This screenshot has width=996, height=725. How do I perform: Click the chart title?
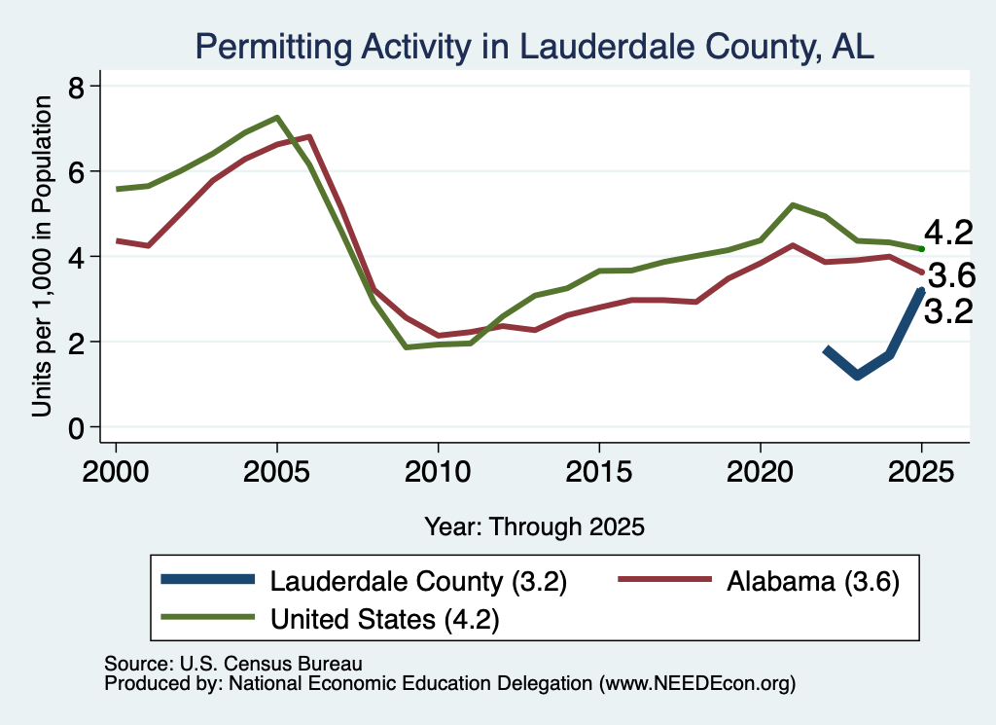(534, 47)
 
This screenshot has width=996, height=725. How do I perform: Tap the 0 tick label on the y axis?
(76, 428)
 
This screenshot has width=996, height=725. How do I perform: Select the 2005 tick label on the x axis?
(277, 472)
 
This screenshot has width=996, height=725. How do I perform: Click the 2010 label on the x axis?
(438, 472)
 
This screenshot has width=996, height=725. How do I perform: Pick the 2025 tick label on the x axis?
(921, 472)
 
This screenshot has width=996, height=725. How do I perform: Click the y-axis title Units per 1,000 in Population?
(42, 256)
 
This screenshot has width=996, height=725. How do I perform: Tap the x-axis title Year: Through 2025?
(534, 526)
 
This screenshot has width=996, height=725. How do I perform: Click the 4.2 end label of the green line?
(948, 234)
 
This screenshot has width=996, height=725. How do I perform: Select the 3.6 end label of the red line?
(951, 275)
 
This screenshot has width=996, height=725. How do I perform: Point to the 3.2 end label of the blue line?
(948, 312)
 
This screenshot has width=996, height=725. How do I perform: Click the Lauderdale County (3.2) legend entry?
(364, 581)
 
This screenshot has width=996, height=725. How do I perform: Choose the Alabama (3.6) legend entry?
(759, 581)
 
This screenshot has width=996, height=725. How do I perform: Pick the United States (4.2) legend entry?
(330, 619)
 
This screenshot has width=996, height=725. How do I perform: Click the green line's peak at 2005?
(277, 118)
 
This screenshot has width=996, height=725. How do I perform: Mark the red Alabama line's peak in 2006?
(309, 136)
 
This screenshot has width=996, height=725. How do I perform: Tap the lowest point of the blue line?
(858, 376)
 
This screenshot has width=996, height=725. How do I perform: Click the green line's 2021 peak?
(793, 205)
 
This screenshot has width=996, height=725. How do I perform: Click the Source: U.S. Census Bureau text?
(233, 664)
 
